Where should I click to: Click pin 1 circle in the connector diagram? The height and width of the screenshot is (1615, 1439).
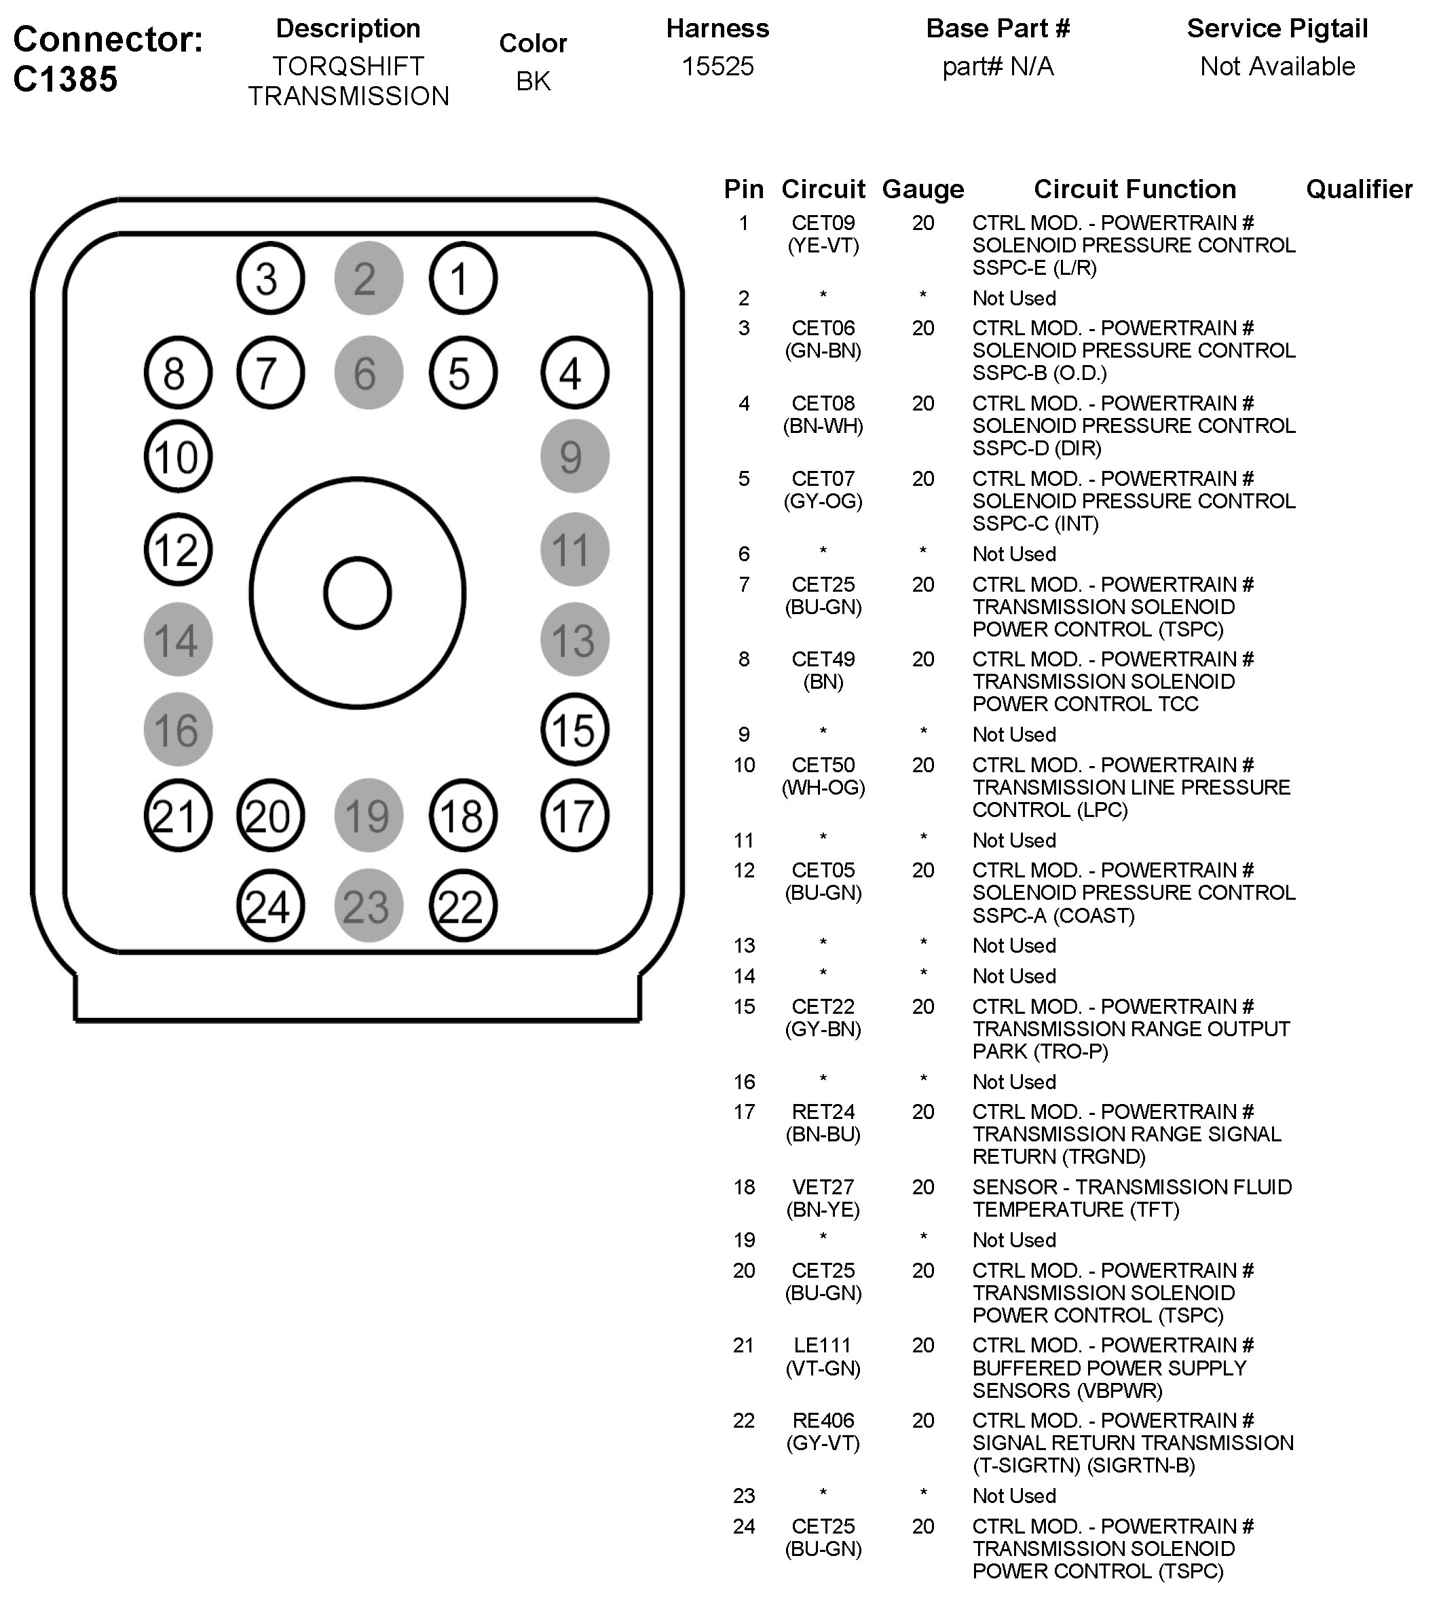(x=462, y=278)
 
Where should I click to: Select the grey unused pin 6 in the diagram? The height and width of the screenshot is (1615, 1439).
(x=369, y=373)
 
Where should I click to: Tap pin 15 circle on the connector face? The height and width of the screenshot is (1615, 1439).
(x=575, y=729)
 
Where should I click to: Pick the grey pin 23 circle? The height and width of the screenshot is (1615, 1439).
(x=369, y=906)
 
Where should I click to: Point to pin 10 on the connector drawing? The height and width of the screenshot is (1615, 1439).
(x=178, y=456)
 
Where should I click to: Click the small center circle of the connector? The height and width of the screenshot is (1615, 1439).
(x=358, y=593)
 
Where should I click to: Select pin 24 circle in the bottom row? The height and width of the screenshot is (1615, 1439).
(x=270, y=906)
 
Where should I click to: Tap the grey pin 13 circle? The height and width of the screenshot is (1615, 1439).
(x=575, y=639)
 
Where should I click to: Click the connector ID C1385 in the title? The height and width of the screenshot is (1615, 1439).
(x=66, y=79)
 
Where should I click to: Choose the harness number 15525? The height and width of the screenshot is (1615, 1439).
(x=717, y=66)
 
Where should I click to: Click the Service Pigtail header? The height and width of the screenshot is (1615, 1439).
(x=1277, y=28)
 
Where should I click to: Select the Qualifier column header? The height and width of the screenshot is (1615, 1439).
(x=1358, y=189)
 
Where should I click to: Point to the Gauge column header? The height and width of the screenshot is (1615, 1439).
(x=922, y=189)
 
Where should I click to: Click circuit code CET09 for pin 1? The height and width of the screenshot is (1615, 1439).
(x=823, y=223)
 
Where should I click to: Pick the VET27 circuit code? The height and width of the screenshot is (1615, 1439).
(x=823, y=1187)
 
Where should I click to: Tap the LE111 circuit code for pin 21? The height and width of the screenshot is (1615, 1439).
(x=823, y=1345)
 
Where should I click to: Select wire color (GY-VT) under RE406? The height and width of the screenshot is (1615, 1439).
(x=823, y=1443)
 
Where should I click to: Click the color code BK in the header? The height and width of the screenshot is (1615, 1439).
(x=533, y=81)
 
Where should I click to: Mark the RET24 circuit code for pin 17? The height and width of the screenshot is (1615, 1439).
(x=823, y=1111)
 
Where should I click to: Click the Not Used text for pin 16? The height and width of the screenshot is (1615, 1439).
(x=1013, y=1082)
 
